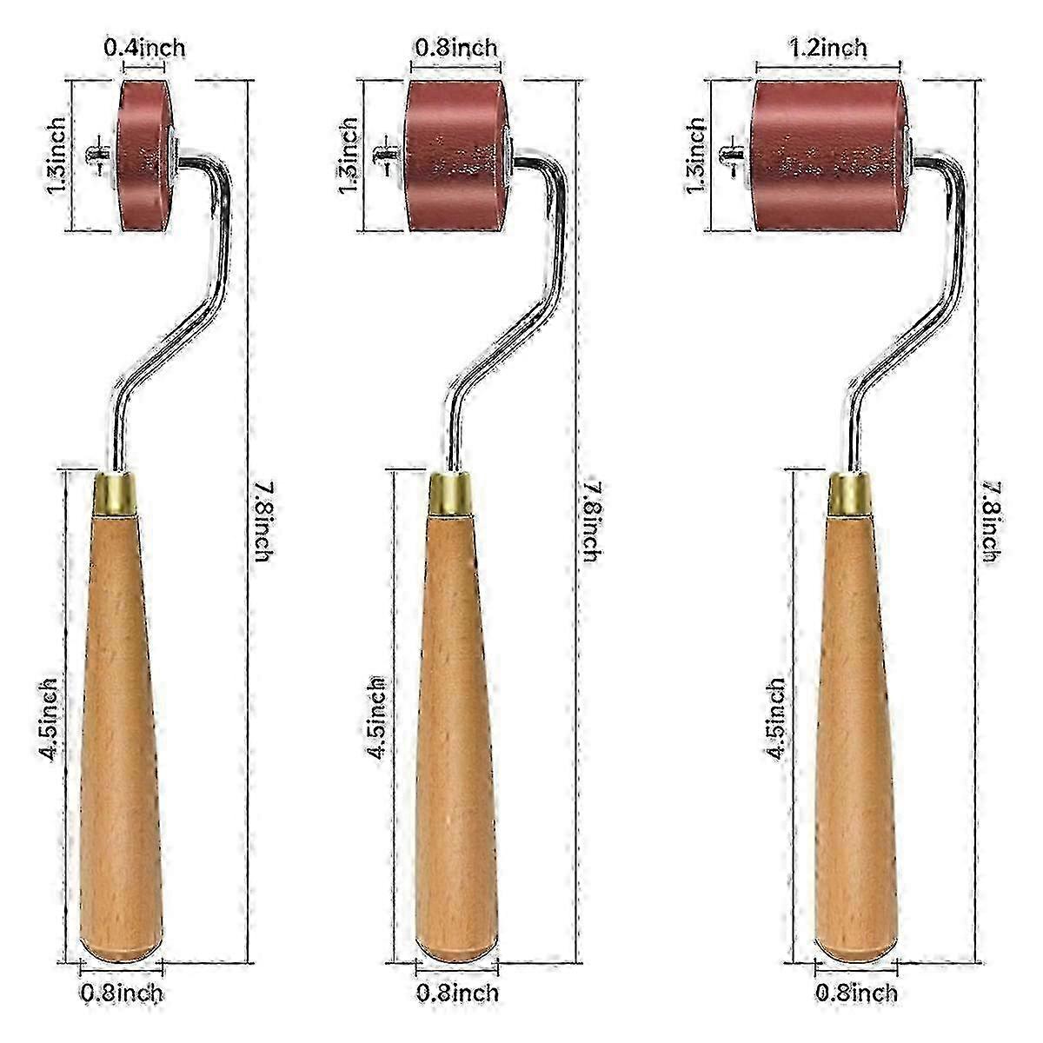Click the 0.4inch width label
click(x=144, y=48)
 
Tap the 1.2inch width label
click(x=827, y=48)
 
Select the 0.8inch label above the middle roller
click(x=455, y=48)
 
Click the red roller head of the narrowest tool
click(x=145, y=156)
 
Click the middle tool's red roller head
click(x=457, y=156)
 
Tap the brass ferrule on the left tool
click(x=115, y=494)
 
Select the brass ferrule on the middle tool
click(x=450, y=494)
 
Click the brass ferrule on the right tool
click(x=849, y=494)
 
